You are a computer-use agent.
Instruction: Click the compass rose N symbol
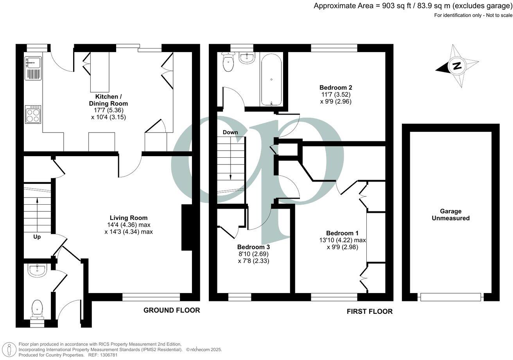click(456, 66)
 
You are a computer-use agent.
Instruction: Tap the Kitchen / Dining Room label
click(111, 100)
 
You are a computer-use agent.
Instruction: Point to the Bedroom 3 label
click(253, 247)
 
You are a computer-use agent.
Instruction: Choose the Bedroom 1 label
click(342, 233)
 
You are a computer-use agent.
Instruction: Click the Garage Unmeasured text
click(450, 214)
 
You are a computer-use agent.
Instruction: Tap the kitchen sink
click(33, 63)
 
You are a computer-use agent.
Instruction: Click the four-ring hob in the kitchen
click(33, 114)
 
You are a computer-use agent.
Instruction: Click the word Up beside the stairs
click(37, 237)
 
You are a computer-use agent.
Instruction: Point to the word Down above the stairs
click(230, 132)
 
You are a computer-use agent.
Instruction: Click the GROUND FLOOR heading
click(172, 310)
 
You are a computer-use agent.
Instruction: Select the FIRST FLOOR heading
click(370, 311)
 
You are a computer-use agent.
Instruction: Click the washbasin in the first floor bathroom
click(247, 58)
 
